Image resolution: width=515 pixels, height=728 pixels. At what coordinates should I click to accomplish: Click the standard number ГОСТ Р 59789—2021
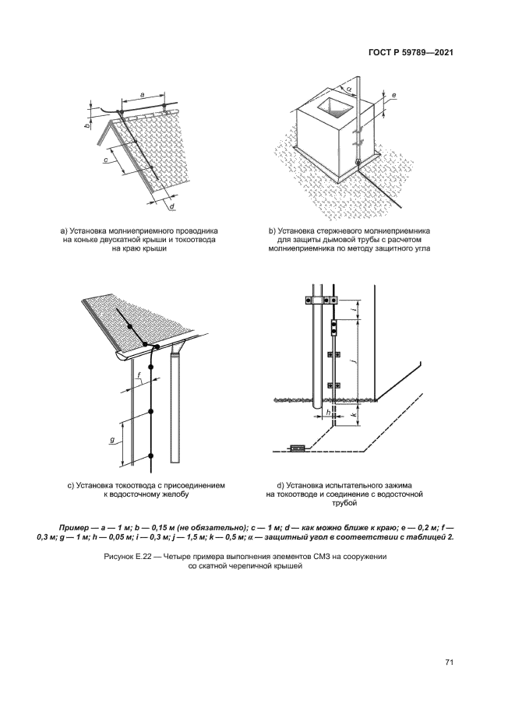[411, 54]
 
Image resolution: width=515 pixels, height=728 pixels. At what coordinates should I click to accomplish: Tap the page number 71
[449, 662]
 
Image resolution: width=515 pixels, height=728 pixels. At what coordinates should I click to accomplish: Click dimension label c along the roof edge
[104, 160]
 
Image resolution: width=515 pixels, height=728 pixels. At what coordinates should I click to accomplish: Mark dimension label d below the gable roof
[171, 206]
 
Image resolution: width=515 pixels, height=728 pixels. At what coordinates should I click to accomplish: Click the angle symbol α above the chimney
[350, 89]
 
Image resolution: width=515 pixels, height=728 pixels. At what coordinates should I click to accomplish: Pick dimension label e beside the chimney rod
[394, 97]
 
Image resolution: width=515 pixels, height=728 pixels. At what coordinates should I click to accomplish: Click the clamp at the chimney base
[358, 162]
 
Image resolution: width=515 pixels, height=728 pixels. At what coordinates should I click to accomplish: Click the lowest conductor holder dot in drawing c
[150, 455]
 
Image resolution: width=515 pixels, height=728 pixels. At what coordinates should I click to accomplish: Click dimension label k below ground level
[355, 416]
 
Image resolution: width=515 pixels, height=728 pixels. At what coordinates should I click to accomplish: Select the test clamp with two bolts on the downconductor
[333, 327]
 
